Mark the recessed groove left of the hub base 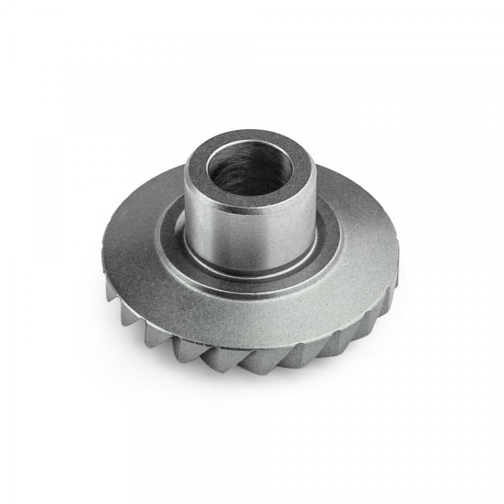click(x=171, y=232)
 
